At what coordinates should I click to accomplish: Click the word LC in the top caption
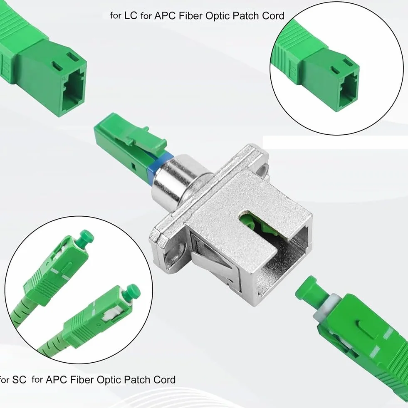coord(131,15)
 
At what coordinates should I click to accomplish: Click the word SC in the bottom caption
coord(19,380)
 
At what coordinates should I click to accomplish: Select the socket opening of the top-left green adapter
coord(73,91)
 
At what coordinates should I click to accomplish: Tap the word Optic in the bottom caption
coord(109,380)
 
